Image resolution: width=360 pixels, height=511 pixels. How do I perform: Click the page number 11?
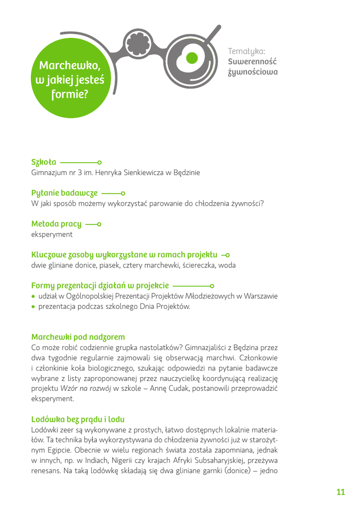pyautogui.click(x=341, y=492)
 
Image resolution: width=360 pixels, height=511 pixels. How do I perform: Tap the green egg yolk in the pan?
pyautogui.click(x=192, y=58)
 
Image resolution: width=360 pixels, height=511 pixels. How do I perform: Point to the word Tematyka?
pyautogui.click(x=246, y=51)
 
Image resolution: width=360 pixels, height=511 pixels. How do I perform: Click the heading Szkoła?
pyautogui.click(x=44, y=162)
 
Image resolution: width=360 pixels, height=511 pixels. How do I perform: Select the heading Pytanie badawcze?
pyautogui.click(x=64, y=193)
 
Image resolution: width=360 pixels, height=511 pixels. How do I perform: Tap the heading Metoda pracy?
pyautogui.click(x=56, y=224)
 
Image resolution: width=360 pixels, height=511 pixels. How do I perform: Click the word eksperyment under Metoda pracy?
pyautogui.click(x=52, y=234)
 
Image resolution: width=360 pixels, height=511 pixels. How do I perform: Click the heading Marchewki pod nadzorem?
pyautogui.click(x=78, y=337)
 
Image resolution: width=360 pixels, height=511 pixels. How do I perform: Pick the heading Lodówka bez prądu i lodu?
pyautogui.click(x=78, y=419)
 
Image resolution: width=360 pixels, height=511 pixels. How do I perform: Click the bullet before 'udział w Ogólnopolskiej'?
pyautogui.click(x=33, y=296)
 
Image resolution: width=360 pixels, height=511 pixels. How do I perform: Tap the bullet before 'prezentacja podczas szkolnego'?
pyautogui.click(x=33, y=307)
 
